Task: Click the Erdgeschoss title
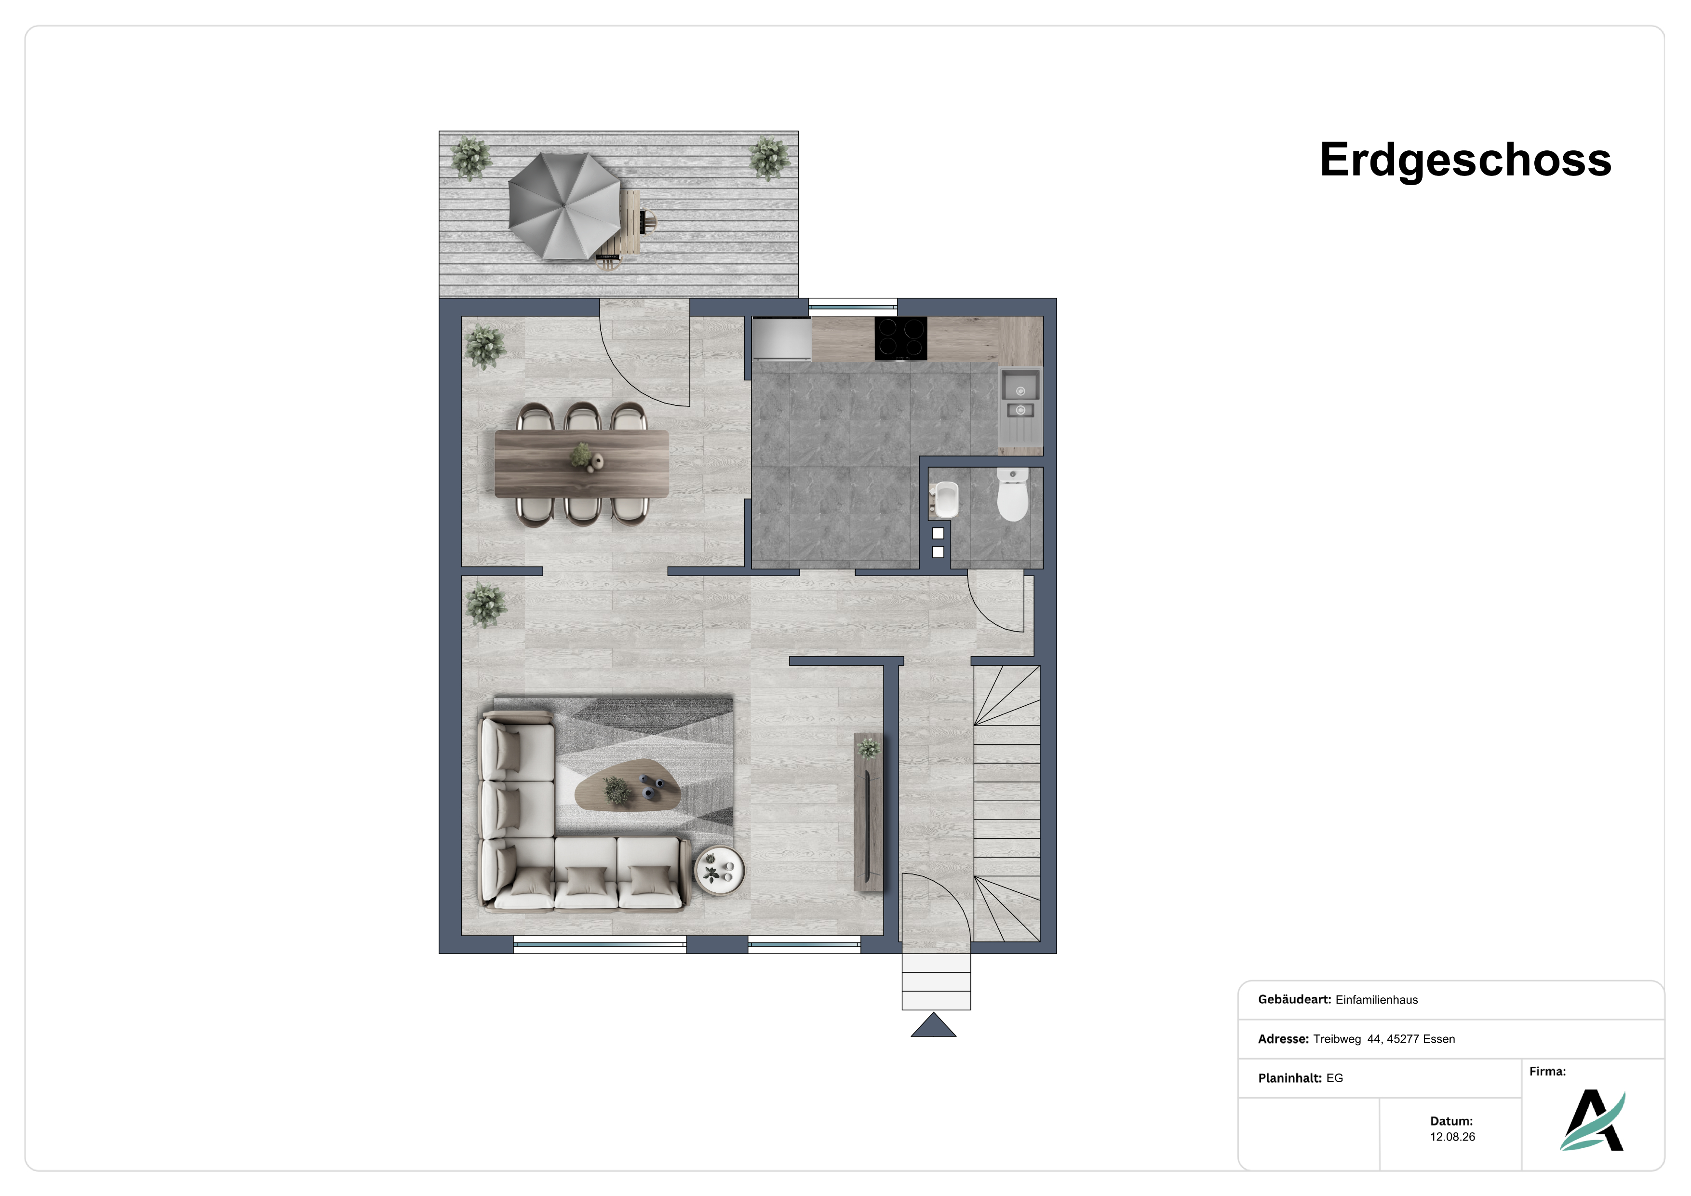coord(1465,161)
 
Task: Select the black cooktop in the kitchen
coord(901,338)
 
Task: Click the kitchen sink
coord(1020,411)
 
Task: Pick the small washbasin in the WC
coord(943,500)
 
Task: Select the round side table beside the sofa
coord(720,871)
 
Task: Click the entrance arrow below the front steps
coord(933,1025)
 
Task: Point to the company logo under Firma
coord(1593,1120)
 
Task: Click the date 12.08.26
coord(1452,1137)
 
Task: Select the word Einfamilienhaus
coord(1377,1000)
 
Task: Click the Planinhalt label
coord(1289,1078)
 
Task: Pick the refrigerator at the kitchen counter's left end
coord(781,339)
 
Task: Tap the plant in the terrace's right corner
coord(769,158)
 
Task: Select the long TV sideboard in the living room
coord(868,812)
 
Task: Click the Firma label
coord(1547,1072)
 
